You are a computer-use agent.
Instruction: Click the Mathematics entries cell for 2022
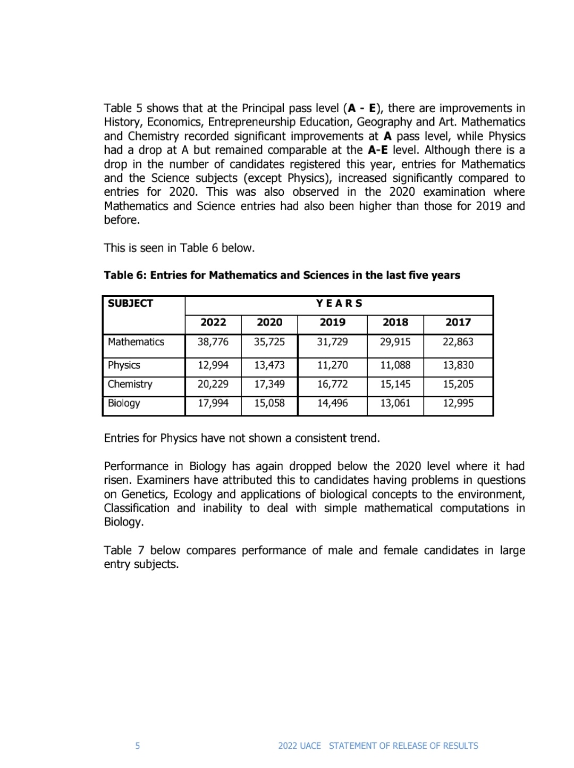(x=213, y=342)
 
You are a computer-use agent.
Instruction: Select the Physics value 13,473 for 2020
(x=269, y=365)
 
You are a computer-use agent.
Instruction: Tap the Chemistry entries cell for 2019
(x=332, y=384)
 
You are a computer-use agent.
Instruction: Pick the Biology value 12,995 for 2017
(x=458, y=403)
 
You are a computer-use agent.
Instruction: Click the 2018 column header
(x=395, y=322)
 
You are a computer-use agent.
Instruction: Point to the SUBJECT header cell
(x=130, y=304)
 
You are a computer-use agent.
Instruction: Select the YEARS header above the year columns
(x=339, y=304)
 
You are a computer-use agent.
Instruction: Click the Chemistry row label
(x=130, y=384)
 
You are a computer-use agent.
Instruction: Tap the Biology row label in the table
(x=124, y=403)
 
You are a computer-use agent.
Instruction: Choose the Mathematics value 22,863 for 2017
(x=458, y=342)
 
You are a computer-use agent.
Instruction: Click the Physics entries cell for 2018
(x=395, y=365)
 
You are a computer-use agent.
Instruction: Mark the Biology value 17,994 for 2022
(x=213, y=403)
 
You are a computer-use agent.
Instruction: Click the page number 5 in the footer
(x=138, y=746)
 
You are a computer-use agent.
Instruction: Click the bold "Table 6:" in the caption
(x=125, y=276)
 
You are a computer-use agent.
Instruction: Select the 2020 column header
(x=269, y=322)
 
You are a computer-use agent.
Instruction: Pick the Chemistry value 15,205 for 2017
(x=458, y=384)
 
